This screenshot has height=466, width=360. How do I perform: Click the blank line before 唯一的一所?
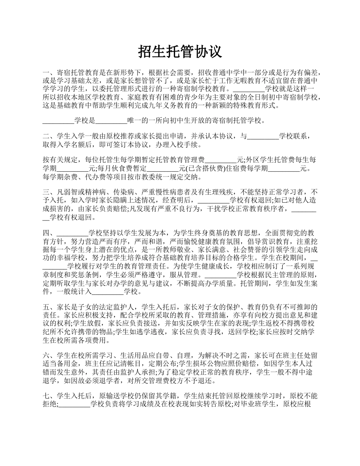click(x=111, y=121)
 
